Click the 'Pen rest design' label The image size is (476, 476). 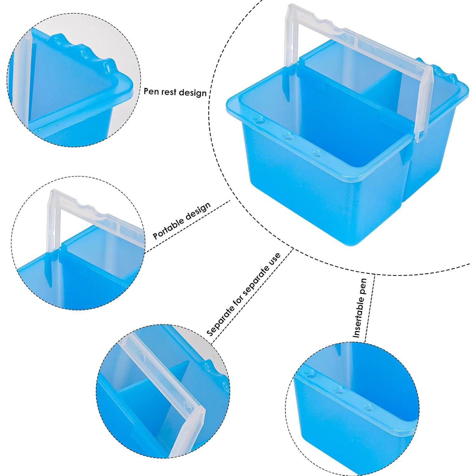pyautogui.click(x=175, y=92)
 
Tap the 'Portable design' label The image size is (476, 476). pyautogui.click(x=182, y=220)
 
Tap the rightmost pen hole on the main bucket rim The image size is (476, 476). pyautogui.click(x=316, y=154)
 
